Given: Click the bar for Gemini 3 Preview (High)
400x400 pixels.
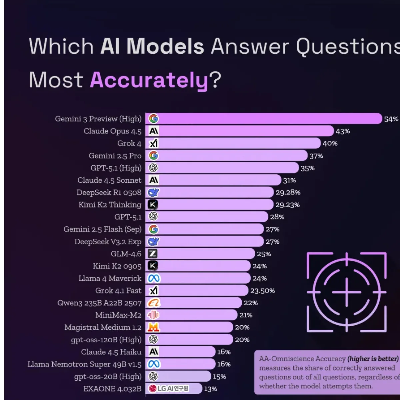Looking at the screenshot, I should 267,119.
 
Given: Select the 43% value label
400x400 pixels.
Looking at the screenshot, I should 343,131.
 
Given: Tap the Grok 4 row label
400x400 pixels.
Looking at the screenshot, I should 129,143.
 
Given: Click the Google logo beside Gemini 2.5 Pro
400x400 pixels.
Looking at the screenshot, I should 153,156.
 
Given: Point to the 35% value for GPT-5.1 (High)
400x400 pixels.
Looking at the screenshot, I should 307,168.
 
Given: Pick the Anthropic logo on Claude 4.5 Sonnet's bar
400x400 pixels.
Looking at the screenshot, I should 153,180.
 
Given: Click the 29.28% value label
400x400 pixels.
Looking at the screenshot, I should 288,193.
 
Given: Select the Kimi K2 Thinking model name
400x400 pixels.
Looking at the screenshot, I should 110,205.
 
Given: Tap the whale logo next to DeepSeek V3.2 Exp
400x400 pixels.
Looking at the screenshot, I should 153,242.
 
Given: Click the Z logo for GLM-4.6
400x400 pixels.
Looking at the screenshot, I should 153,254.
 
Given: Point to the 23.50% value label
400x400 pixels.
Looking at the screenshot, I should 262,291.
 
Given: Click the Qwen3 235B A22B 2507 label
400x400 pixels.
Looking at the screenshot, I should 99,303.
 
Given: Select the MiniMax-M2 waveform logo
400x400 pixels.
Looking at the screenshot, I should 153,315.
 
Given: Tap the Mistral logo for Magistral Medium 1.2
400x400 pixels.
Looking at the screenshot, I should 153,327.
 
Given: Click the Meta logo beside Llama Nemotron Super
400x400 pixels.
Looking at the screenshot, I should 154,364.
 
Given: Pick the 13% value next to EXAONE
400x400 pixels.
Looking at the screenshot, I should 210,389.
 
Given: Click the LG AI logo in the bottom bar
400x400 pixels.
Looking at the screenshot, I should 169,389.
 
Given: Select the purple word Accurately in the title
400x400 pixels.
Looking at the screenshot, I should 149,80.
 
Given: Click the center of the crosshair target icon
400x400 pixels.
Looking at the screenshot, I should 347,292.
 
